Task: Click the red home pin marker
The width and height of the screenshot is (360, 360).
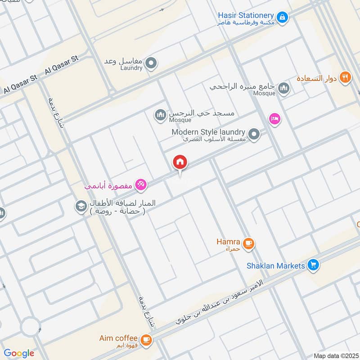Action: pos(180,162)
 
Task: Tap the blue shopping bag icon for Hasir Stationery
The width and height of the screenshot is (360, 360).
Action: pos(282,17)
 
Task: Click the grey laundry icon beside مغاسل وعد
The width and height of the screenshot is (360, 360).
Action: pos(152,63)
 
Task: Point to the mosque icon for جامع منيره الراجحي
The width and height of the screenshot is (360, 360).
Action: pos(283,88)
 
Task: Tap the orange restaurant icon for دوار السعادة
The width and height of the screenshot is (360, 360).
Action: pos(345,77)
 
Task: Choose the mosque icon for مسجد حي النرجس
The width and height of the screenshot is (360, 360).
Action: pos(160,116)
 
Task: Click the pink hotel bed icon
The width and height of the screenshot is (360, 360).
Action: pos(274,119)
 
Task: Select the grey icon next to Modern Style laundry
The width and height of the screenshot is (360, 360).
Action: pos(254,134)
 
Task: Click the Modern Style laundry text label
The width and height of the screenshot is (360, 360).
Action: pos(208,132)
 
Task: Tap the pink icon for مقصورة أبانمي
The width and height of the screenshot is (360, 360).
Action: pos(140,184)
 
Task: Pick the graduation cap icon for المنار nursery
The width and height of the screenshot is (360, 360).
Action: pos(81,206)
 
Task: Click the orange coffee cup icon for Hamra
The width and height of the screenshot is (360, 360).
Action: pos(248,243)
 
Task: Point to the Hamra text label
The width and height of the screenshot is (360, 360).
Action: pos(228,242)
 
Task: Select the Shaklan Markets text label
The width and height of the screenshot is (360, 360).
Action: pos(276,265)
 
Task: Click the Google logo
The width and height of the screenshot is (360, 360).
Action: pos(19,353)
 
